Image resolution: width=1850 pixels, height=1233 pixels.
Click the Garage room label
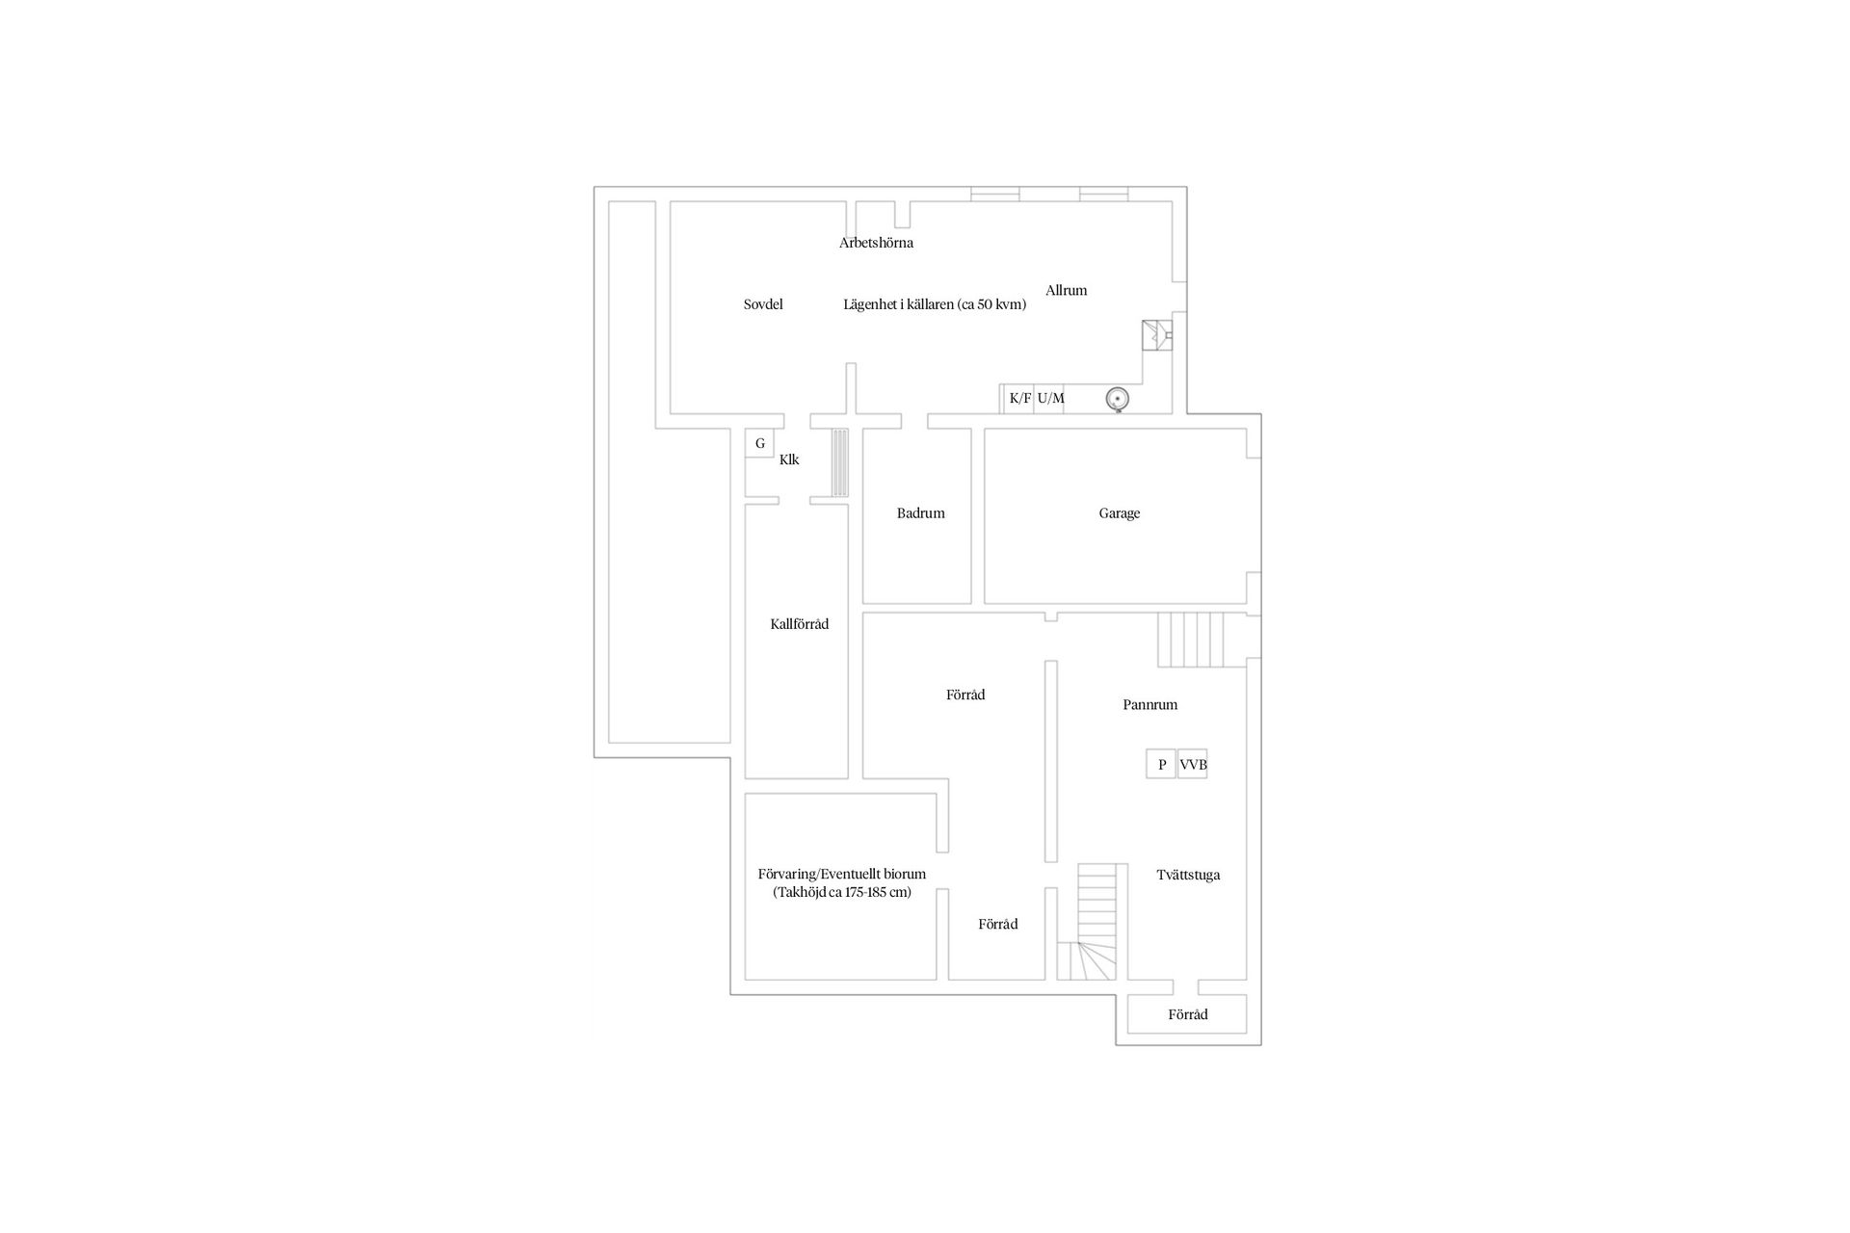(x=1119, y=513)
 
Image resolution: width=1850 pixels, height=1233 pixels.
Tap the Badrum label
(x=920, y=513)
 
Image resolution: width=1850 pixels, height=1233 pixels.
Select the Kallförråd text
(x=799, y=624)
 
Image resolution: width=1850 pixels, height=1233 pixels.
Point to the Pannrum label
(x=1150, y=705)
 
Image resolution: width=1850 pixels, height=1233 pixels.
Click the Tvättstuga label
(x=1188, y=876)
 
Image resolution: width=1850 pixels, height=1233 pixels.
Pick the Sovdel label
(x=763, y=304)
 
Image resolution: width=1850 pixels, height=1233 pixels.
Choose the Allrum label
(x=1066, y=290)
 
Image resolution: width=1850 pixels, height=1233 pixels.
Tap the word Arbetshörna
(x=876, y=243)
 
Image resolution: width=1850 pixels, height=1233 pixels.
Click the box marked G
(x=759, y=443)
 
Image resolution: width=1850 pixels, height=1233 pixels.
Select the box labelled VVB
(x=1192, y=764)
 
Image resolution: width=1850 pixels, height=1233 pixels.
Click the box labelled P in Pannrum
(x=1161, y=764)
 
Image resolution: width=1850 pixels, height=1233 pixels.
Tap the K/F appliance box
(x=1019, y=399)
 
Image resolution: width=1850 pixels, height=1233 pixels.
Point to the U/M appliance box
(x=1049, y=399)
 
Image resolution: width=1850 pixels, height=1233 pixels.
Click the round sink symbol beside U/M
(x=1117, y=398)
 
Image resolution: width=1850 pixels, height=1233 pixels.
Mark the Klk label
(x=789, y=459)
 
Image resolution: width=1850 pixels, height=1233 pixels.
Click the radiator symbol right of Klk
(x=840, y=463)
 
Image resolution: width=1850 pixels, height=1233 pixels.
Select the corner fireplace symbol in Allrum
(x=1155, y=336)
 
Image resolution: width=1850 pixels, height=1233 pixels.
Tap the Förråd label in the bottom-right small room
(x=1187, y=1014)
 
